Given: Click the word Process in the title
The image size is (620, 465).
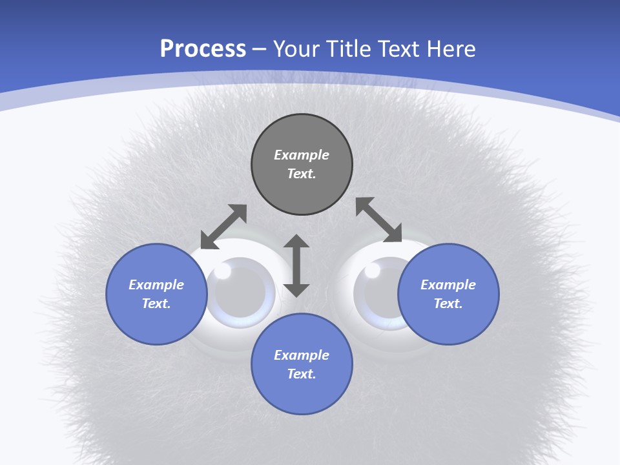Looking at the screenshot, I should (x=203, y=49).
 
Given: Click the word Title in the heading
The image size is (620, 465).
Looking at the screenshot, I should (x=349, y=49).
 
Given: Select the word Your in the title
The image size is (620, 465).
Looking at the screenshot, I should (x=297, y=49).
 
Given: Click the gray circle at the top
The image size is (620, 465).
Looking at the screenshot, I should (x=302, y=165).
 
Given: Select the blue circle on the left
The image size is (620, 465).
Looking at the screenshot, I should (x=156, y=294).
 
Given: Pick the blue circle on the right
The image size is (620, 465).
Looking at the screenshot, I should (x=448, y=294).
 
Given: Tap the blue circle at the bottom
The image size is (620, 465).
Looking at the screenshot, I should (x=302, y=364).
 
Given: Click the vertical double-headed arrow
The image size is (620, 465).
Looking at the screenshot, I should (x=296, y=265).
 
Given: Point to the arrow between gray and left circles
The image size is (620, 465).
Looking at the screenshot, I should (x=223, y=227).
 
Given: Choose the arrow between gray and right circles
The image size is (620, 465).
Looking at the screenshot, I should (x=379, y=220).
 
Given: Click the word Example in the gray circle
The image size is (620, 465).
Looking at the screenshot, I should (x=302, y=155).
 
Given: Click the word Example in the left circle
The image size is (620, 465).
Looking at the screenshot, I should (x=156, y=285).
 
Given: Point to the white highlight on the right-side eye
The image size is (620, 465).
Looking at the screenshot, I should (x=373, y=271).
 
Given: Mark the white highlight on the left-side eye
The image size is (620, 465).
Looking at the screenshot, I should (x=222, y=271).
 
